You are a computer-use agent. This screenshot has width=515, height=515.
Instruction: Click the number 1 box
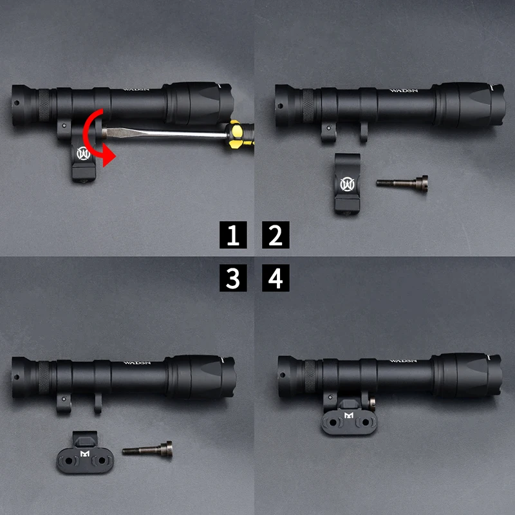point(233,236)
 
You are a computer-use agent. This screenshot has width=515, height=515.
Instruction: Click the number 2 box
point(276,236)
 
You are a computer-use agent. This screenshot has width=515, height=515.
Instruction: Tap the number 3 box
point(233,278)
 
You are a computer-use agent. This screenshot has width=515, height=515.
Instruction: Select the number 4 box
point(276,278)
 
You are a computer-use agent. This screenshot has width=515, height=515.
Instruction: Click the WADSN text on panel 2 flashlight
point(402,91)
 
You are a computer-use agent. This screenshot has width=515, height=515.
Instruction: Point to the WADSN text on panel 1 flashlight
point(135,89)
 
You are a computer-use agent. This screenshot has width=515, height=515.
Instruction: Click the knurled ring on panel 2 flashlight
point(309,102)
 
